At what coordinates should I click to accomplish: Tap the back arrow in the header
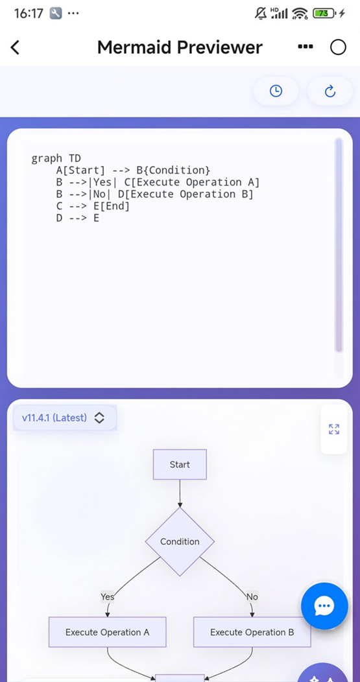point(15,47)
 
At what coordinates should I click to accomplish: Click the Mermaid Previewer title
point(180,47)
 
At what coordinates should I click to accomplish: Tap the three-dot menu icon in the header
point(305,47)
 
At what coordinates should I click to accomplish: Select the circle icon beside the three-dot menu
point(338,47)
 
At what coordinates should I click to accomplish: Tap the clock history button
point(276,91)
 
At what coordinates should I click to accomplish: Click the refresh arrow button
point(330,91)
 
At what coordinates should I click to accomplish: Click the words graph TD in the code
point(56,158)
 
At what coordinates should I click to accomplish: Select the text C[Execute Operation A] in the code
point(192,182)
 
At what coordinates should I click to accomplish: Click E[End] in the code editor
point(112,206)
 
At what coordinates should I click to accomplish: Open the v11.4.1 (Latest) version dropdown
point(65,418)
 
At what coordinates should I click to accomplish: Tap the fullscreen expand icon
point(334,429)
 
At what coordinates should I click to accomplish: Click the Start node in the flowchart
point(180,465)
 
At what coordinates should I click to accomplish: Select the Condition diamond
point(180,541)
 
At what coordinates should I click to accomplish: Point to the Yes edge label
point(108,596)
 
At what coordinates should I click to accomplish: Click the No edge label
point(252,596)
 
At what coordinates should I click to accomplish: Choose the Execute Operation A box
point(108,632)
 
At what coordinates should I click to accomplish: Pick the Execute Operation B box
point(252,632)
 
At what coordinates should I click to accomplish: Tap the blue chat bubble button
point(324,606)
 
